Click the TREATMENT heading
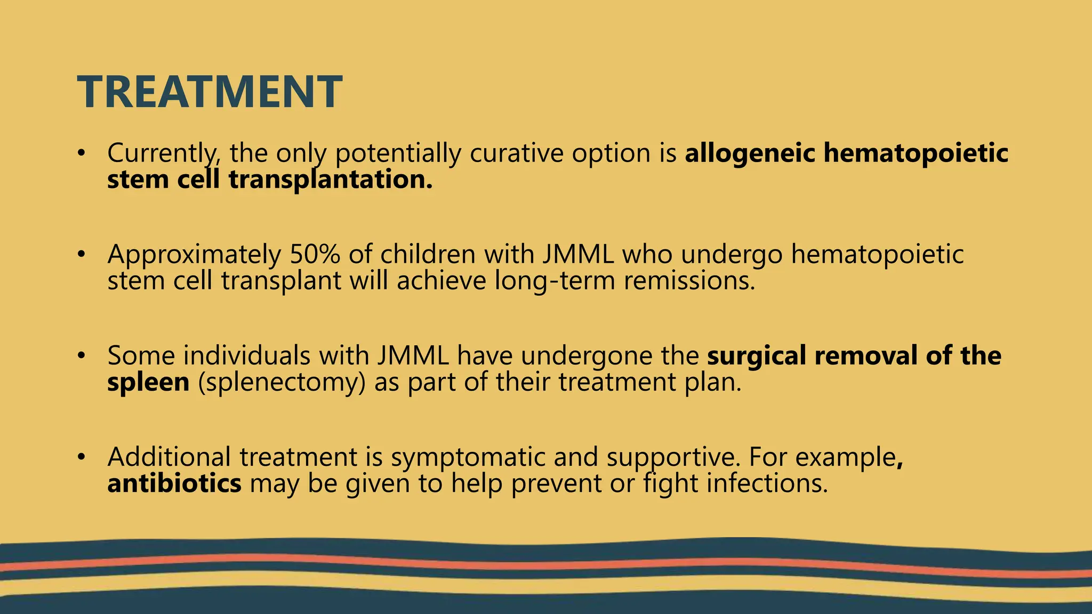pos(210,92)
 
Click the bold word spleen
pos(148,382)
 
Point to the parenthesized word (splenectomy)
pos(282,382)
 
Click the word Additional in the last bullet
pos(169,457)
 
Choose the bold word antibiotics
pos(174,483)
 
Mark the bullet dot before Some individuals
pos(81,355)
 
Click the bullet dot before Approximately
pos(81,254)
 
